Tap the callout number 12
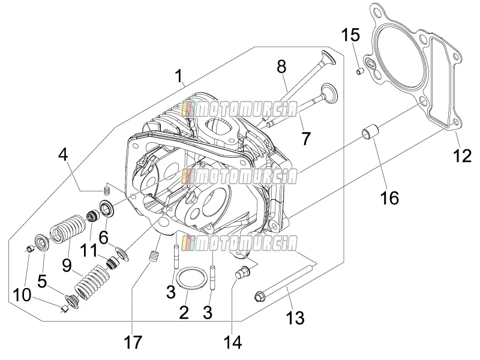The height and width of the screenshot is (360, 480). click(x=462, y=156)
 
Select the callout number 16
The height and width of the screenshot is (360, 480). click(x=389, y=197)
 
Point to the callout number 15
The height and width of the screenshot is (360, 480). click(x=350, y=35)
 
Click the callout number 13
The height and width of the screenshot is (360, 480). click(x=295, y=317)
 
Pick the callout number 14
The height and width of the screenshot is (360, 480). click(x=233, y=342)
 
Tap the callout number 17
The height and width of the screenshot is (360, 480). click(x=133, y=342)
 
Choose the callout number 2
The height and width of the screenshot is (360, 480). click(x=184, y=313)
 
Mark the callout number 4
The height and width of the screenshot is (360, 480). click(x=63, y=155)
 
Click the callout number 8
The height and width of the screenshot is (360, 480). click(x=281, y=67)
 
